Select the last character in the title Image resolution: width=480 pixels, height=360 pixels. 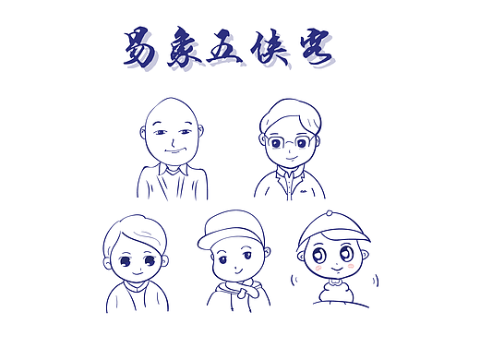click(316, 49)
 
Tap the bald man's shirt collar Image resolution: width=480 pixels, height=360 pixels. click(172, 173)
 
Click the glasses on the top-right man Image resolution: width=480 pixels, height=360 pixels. click(288, 143)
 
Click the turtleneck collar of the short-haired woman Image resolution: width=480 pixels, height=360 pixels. click(134, 290)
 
